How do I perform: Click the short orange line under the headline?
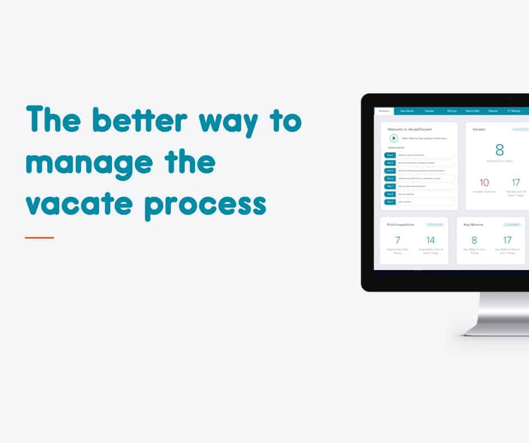39,238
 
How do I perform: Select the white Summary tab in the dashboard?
384,111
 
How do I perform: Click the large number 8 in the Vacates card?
499,150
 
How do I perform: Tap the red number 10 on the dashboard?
484,182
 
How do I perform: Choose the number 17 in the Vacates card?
516,182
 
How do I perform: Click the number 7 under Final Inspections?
397,241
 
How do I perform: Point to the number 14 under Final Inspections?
431,241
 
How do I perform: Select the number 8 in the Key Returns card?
474,241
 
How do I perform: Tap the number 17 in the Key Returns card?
507,241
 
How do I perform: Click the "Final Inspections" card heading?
401,225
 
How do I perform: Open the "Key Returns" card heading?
474,225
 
